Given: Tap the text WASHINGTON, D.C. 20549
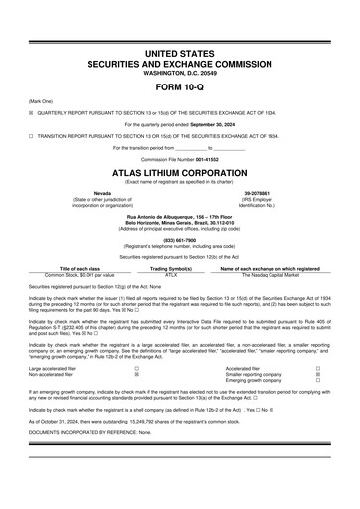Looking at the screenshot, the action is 179,70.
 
